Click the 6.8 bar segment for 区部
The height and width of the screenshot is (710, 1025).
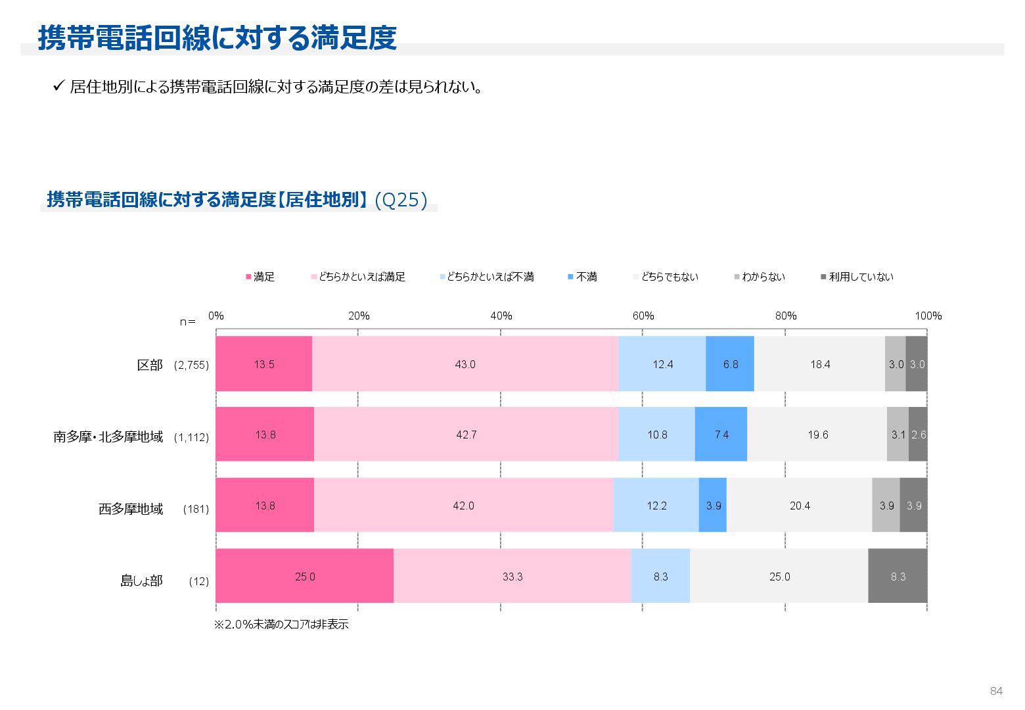(x=730, y=364)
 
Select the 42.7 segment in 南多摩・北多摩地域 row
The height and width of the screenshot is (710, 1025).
(x=466, y=435)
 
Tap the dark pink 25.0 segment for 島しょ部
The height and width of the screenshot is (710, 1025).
(x=304, y=577)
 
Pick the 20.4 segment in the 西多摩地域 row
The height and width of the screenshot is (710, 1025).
(x=799, y=506)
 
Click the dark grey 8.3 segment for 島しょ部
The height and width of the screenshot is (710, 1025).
(x=898, y=577)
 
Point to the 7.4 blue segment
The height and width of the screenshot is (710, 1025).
(x=721, y=435)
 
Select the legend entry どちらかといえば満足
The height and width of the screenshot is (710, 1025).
(x=358, y=277)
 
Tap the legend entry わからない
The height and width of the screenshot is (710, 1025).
(x=760, y=277)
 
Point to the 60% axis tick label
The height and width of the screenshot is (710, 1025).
(x=643, y=316)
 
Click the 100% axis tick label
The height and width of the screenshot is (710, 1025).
(x=928, y=316)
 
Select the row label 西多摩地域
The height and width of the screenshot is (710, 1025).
(x=131, y=509)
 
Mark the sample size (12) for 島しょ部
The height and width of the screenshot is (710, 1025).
(x=198, y=581)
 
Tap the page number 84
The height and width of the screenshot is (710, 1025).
(x=996, y=691)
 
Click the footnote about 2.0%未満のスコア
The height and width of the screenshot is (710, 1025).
(x=281, y=625)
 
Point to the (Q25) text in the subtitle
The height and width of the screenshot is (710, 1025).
(x=401, y=200)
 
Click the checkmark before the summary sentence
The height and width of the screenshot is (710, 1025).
(x=58, y=86)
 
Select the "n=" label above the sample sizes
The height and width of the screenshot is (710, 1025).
(x=188, y=322)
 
